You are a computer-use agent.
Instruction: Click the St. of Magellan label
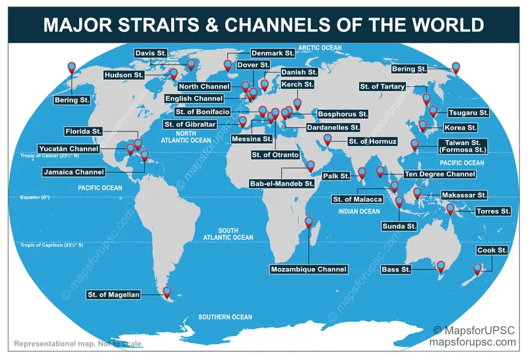point(114,295)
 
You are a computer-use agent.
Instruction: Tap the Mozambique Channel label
point(309,269)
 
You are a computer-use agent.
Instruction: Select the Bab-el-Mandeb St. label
point(282,183)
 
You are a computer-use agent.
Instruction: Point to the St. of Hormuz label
point(373,142)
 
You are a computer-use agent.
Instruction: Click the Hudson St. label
point(125,75)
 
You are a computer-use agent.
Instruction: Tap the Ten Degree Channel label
point(439,174)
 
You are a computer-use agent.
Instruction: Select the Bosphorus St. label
point(343,114)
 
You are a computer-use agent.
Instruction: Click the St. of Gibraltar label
point(190,125)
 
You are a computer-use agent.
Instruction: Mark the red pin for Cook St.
point(478,268)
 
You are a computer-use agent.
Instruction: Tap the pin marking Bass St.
point(440,266)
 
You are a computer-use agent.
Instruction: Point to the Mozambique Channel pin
point(309,222)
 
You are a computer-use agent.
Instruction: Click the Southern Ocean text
point(225,317)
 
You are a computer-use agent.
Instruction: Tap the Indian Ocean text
point(359,211)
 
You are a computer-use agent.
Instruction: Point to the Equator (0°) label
point(35,197)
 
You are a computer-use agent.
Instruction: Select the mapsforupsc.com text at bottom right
point(473,342)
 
